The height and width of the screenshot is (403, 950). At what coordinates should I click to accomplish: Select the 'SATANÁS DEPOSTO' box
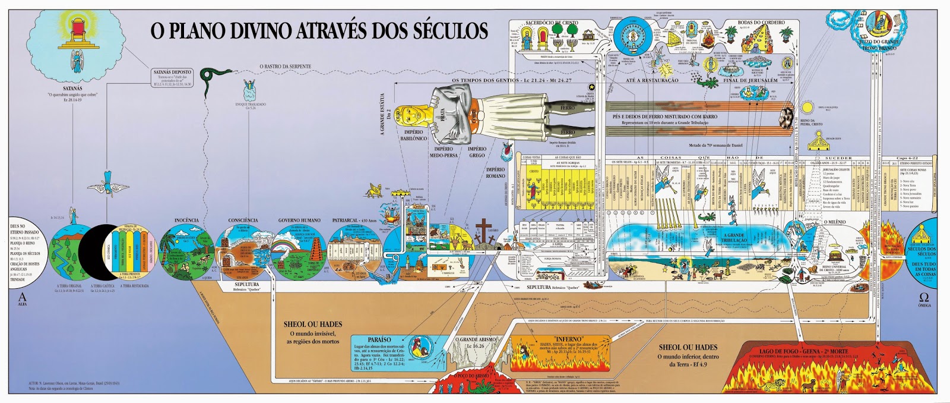173,72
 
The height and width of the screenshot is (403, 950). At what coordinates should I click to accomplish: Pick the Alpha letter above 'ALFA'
23,297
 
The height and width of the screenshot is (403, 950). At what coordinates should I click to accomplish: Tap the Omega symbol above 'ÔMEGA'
924,297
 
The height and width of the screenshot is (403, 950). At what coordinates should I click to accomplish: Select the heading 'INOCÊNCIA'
186,221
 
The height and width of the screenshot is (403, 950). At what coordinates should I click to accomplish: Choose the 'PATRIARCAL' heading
350,221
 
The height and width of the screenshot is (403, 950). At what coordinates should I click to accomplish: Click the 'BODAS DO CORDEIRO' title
761,23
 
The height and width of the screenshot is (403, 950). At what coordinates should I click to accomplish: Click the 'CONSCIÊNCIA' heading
243,221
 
